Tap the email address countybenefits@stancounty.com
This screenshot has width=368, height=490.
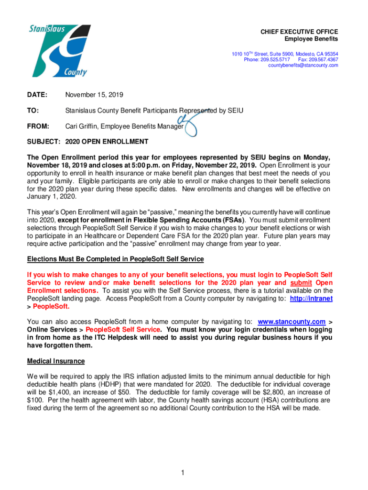tap(303, 66)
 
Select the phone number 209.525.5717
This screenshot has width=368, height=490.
tap(274, 60)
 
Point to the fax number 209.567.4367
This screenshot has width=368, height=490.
tap(323, 60)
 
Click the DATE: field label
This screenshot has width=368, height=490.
tap(37, 95)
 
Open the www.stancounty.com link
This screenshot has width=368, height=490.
tap(292, 321)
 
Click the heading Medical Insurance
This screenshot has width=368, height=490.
tap(56, 361)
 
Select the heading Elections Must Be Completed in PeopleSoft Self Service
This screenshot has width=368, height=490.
tap(115, 259)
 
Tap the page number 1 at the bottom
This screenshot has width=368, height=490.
tap(183, 473)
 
